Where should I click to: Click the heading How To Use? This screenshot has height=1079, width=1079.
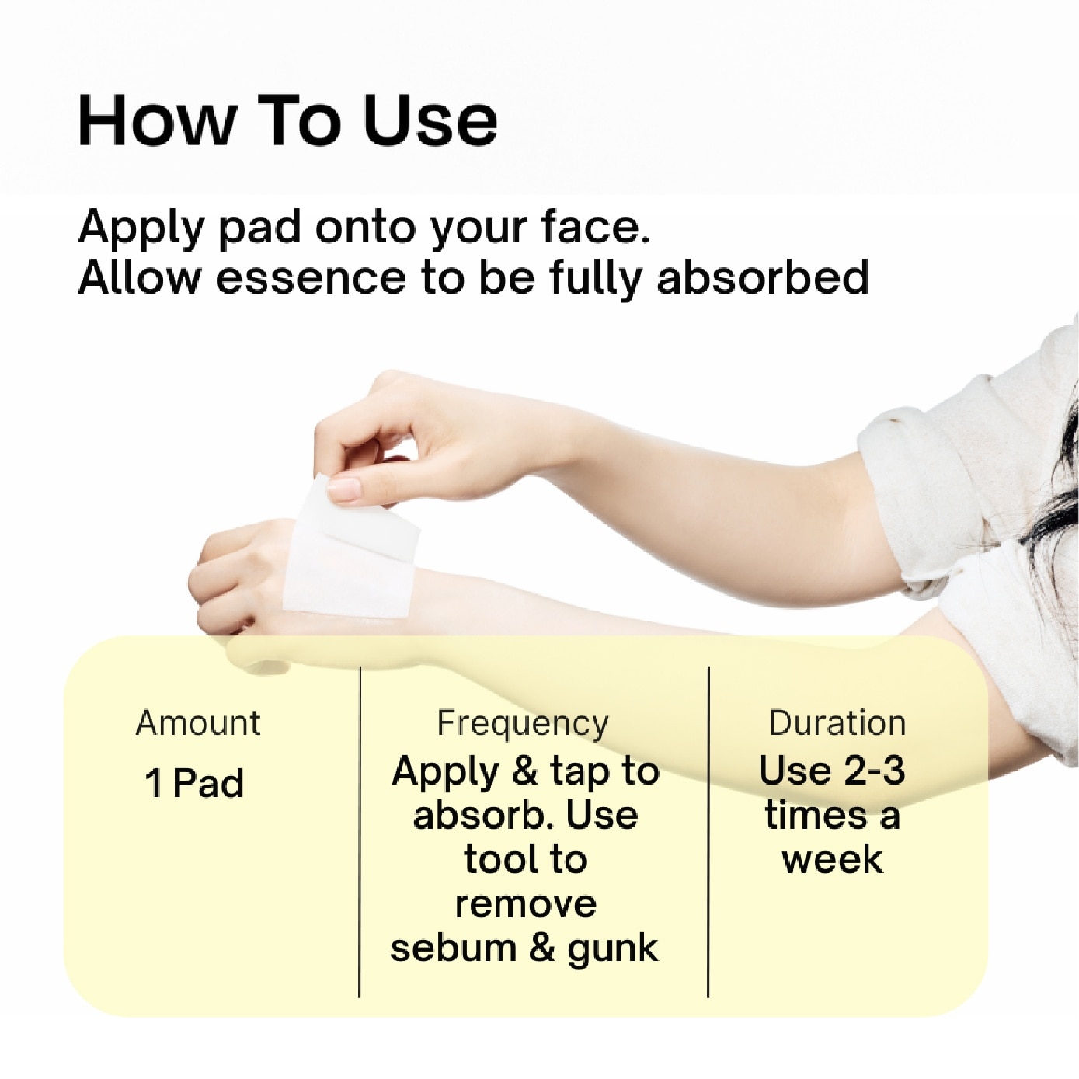point(287,120)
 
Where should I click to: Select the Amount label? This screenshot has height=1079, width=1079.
point(198,723)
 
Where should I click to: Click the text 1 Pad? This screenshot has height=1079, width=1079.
point(194,783)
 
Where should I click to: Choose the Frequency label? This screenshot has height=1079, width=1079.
point(523,723)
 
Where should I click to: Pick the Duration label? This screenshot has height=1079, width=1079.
point(837,723)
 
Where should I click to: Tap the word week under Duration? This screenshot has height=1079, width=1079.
point(833,860)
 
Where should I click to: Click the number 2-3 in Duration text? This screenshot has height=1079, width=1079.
point(874,771)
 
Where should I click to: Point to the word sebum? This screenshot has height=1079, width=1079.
point(453,948)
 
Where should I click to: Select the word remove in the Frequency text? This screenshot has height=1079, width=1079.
point(526,904)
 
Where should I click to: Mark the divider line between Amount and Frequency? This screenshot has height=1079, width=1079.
point(360,831)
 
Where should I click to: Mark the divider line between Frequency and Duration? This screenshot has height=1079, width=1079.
point(708,831)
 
